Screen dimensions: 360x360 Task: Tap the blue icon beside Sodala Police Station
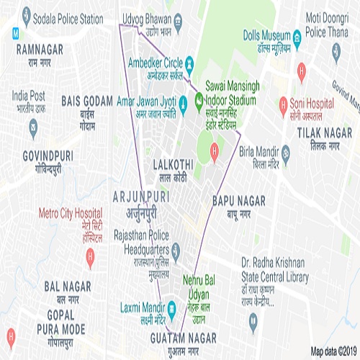pyautogui.click(x=27, y=15)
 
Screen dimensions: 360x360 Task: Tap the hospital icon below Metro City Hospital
pyautogui.click(x=90, y=254)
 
